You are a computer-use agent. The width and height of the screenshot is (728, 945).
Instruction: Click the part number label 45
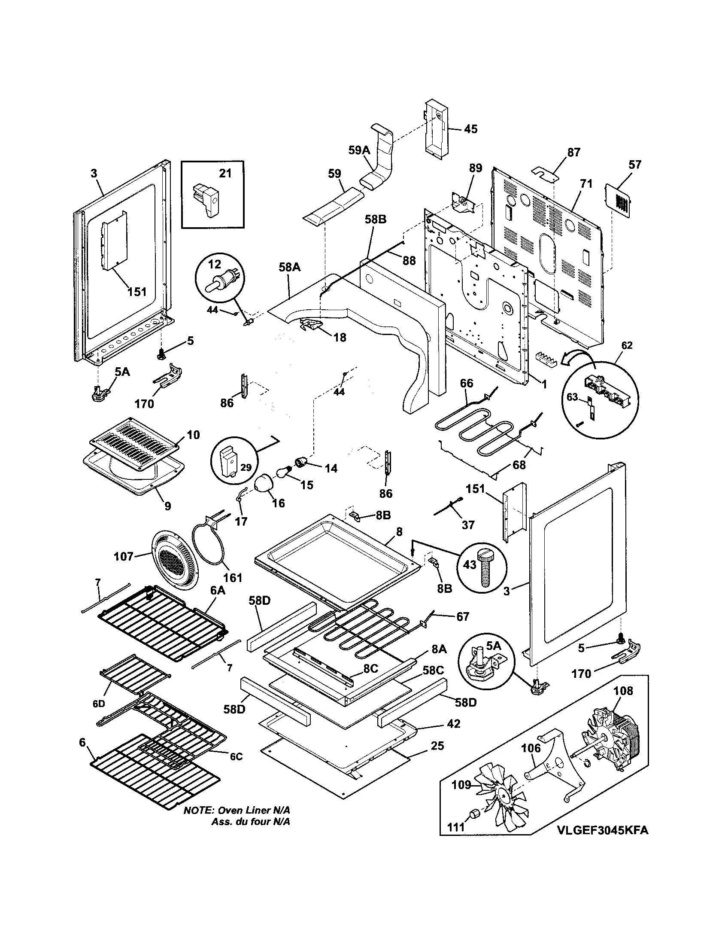471,129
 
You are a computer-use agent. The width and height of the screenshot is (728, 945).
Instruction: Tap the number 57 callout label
635,165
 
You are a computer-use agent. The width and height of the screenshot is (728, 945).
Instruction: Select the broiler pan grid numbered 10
134,442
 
